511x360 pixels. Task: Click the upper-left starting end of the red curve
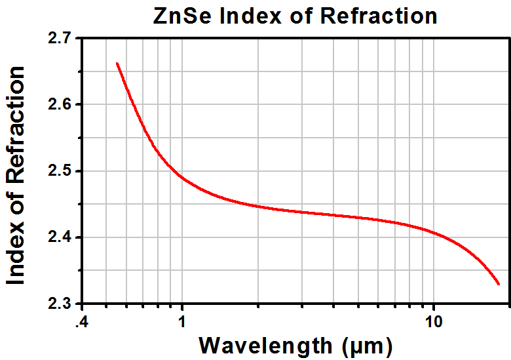pos(117,63)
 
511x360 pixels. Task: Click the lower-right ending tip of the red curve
pos(499,285)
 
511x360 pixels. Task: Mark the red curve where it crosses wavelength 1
pos(182,178)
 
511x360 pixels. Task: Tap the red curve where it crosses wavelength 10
pos(433,231)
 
